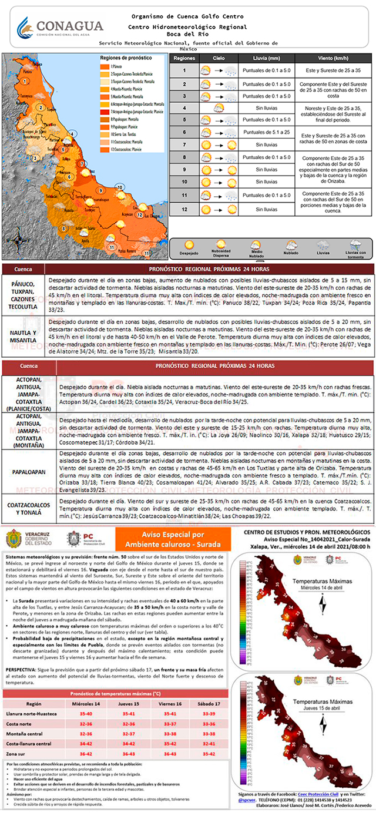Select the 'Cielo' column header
coord(218,59)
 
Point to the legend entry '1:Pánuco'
coord(115,67)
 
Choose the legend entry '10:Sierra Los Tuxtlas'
coord(126,135)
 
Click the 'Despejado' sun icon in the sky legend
coord(189,244)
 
